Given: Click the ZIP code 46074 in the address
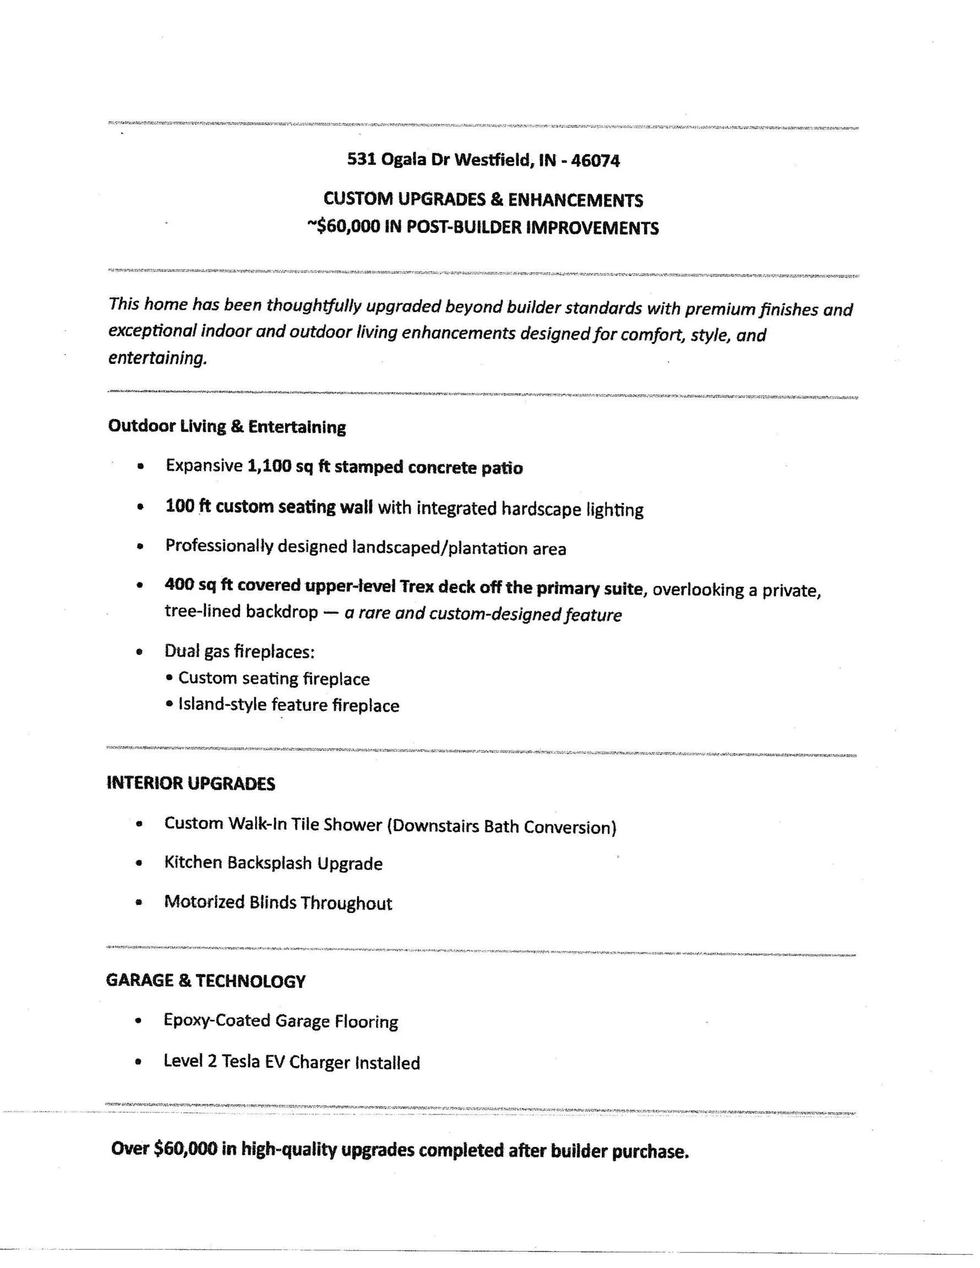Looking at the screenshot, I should click(x=596, y=160).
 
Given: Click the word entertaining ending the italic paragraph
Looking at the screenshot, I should click(x=157, y=358).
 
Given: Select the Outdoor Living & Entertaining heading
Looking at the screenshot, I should click(x=226, y=427).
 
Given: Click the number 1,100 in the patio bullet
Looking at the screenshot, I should click(x=269, y=466).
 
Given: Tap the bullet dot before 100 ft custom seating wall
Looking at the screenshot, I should click(x=139, y=507).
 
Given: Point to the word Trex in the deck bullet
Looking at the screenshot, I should click(x=417, y=587).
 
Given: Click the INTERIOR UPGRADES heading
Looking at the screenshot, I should click(x=190, y=783).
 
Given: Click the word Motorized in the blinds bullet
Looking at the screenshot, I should click(x=204, y=902).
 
